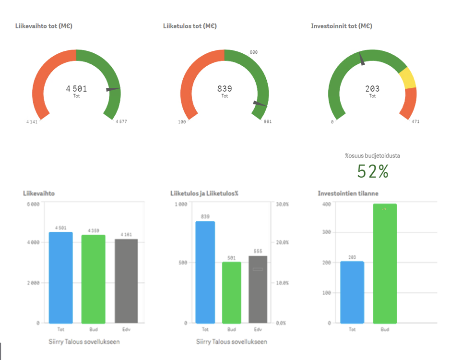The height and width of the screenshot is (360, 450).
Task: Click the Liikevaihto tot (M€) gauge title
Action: click(44, 26)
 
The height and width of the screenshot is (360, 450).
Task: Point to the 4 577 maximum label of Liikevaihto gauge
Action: click(121, 121)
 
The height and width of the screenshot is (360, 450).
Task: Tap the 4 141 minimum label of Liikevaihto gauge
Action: click(32, 121)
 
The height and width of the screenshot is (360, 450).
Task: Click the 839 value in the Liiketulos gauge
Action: click(225, 88)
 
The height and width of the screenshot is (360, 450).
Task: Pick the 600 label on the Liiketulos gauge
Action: click(254, 52)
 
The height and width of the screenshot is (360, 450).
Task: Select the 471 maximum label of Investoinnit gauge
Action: click(415, 121)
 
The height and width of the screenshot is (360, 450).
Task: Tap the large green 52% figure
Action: click(373, 171)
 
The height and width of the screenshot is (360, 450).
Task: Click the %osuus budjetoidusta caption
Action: click(372, 156)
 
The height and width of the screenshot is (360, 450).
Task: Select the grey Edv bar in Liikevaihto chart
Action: click(126, 281)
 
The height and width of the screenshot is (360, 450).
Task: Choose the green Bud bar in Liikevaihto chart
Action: click(93, 278)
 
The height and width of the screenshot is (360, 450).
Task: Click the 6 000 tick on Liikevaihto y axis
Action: click(32, 204)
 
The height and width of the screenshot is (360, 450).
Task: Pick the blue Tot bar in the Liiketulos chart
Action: click(205, 272)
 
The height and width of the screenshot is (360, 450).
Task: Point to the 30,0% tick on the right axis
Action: click(282, 204)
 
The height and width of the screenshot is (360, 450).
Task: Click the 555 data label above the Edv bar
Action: click(258, 251)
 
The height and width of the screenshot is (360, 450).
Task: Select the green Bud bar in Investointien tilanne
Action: click(385, 263)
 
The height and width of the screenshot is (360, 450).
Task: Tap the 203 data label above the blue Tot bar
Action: click(352, 257)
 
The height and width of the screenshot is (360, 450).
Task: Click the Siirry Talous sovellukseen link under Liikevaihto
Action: click(84, 342)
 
